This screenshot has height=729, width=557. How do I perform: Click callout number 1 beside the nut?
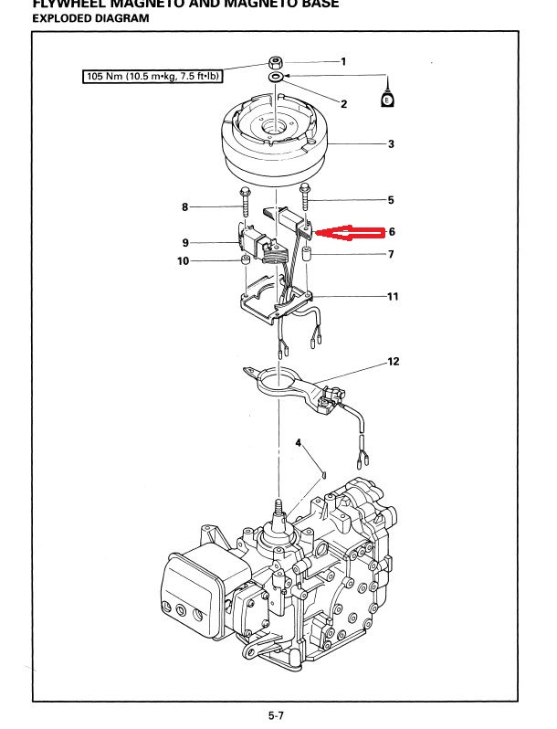tap(343, 62)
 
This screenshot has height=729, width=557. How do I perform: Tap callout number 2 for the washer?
tap(343, 104)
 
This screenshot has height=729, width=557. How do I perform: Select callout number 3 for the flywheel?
tap(391, 144)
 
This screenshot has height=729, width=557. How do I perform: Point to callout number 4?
tap(298, 443)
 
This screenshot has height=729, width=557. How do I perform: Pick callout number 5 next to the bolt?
tap(390, 199)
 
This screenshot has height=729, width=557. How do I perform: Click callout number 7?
tap(390, 254)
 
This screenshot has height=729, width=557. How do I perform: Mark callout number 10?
tap(183, 261)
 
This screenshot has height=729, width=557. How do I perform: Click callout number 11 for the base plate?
tap(393, 297)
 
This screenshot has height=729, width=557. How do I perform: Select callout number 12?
tap(394, 362)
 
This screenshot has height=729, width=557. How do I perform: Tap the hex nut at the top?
tap(274, 62)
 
